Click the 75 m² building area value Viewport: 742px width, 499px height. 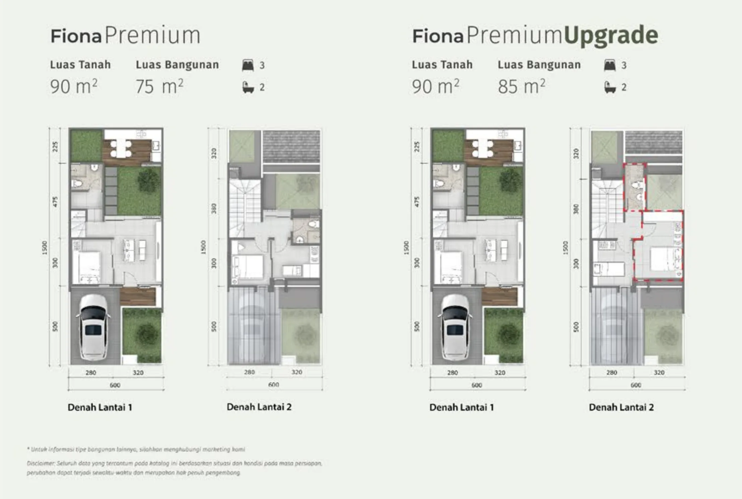159,86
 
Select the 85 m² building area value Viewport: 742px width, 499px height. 521,86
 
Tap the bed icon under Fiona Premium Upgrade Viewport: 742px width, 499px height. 610,65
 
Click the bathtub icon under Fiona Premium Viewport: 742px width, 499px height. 248,87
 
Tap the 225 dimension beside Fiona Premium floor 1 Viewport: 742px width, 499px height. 55,146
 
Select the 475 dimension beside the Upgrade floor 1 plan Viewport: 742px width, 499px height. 417,201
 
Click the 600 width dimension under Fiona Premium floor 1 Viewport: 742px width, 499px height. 115,385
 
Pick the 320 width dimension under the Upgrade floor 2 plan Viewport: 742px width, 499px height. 659,372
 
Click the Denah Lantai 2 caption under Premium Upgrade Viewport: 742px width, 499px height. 621,407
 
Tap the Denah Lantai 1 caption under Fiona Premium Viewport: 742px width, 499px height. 100,407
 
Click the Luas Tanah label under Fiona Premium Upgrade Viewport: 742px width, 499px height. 442,65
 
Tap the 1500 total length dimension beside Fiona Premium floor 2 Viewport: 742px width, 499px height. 203,247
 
